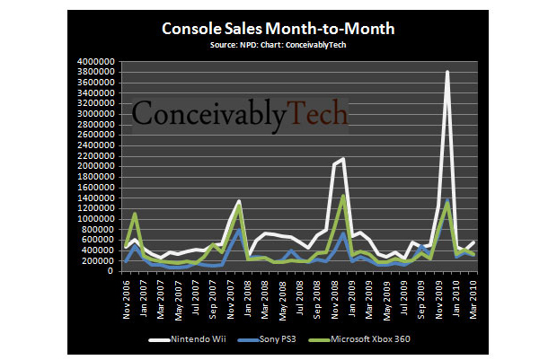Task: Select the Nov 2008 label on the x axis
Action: coord(335,296)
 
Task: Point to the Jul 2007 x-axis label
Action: coord(196,296)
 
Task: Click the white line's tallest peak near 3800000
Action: coord(446,72)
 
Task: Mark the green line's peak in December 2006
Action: coord(134,214)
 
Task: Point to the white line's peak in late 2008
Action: coord(343,159)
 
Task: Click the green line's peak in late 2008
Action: coord(343,196)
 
